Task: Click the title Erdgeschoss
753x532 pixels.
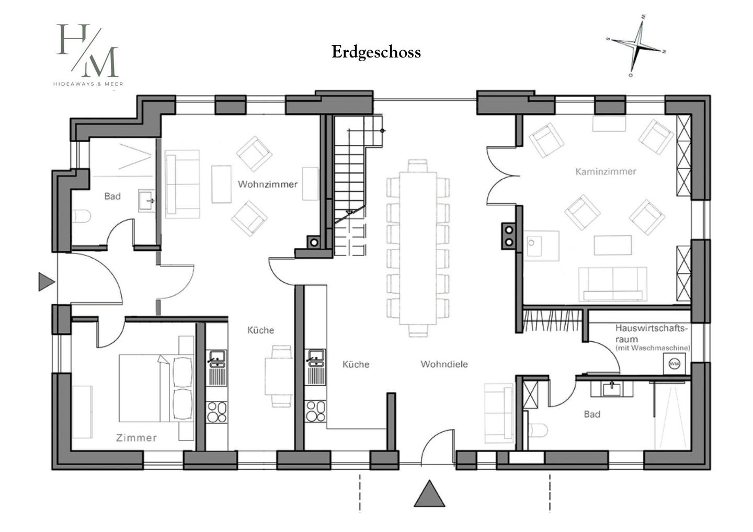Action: pyautogui.click(x=376, y=52)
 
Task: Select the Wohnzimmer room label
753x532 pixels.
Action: pyautogui.click(x=268, y=184)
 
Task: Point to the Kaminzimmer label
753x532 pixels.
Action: pyautogui.click(x=606, y=171)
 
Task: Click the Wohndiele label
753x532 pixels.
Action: pyautogui.click(x=444, y=364)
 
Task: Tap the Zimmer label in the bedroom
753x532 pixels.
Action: pyautogui.click(x=136, y=437)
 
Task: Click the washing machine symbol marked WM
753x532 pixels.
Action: pyautogui.click(x=675, y=364)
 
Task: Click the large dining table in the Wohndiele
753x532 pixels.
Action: pyautogui.click(x=418, y=248)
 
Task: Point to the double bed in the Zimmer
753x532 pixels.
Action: pyautogui.click(x=156, y=388)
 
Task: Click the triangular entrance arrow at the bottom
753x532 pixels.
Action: pyautogui.click(x=429, y=494)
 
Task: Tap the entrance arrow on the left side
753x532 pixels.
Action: pyautogui.click(x=46, y=282)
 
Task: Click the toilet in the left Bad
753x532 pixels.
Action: pyautogui.click(x=82, y=216)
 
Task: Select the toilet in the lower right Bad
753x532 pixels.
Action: pyautogui.click(x=538, y=430)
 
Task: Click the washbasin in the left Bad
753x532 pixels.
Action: pyautogui.click(x=146, y=201)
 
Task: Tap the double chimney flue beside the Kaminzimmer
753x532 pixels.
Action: pyautogui.click(x=509, y=236)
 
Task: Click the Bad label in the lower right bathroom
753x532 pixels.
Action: pyautogui.click(x=592, y=414)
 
